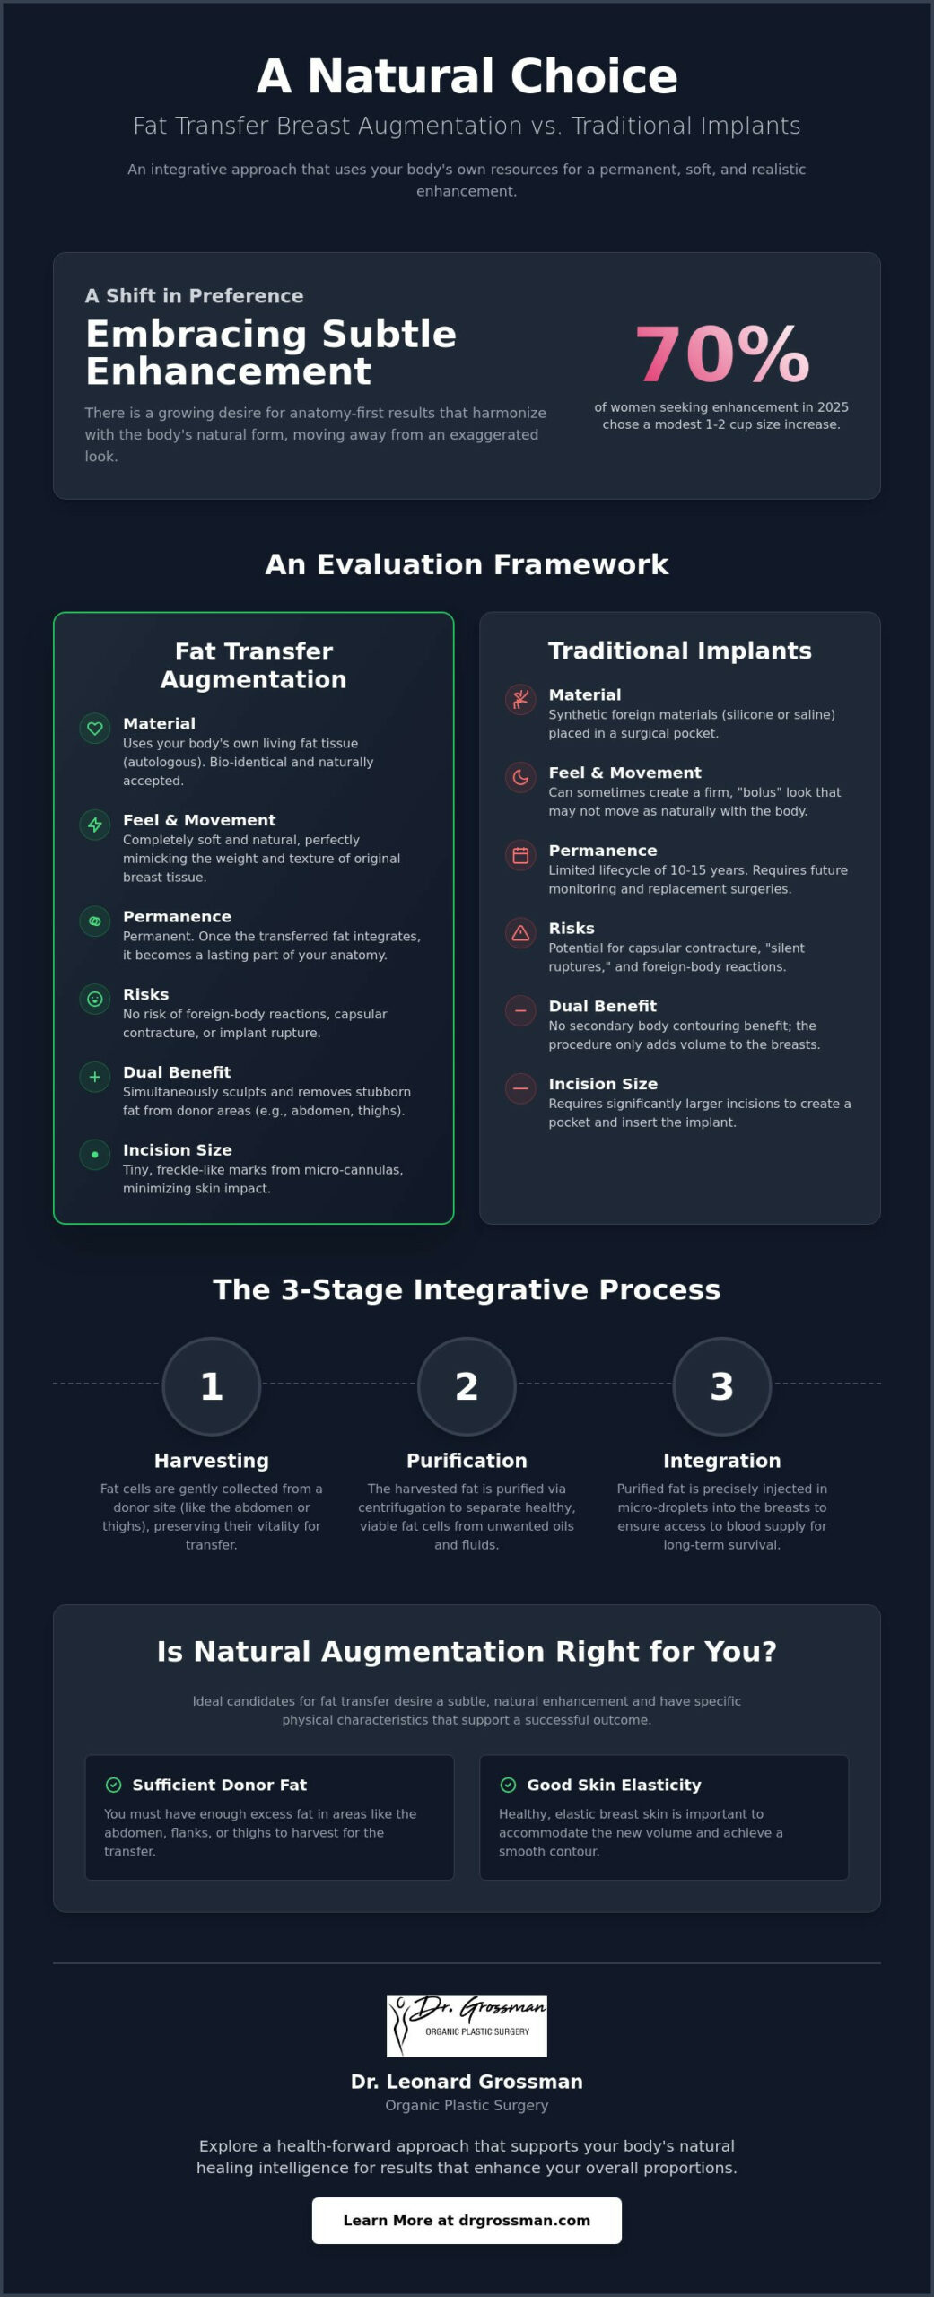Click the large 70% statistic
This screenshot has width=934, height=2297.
[722, 354]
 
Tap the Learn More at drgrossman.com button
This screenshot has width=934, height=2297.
[467, 2220]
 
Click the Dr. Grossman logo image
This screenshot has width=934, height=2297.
[467, 2026]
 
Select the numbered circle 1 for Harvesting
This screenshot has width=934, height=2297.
[212, 1386]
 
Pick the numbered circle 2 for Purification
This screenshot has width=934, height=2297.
[467, 1386]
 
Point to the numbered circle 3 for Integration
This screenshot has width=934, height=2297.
[722, 1386]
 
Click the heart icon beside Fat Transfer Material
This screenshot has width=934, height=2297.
[95, 729]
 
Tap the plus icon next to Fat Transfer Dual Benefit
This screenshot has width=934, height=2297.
[95, 1077]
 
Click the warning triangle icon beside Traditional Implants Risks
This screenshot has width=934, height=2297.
[520, 933]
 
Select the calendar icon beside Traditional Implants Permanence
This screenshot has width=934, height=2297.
[520, 855]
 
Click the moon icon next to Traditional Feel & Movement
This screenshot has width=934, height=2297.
[520, 777]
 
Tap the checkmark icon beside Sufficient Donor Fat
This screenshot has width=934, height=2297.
[114, 1785]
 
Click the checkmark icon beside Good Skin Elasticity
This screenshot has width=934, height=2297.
[508, 1785]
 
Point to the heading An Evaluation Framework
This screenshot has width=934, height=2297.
[467, 564]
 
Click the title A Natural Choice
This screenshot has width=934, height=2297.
[467, 76]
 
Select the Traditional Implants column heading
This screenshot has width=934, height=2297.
[680, 651]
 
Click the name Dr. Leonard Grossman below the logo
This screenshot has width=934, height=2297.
[467, 2082]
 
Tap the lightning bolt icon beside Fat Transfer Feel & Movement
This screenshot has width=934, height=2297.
[95, 825]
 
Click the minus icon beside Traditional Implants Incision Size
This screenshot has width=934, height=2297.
[520, 1088]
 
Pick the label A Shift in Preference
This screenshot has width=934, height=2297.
[195, 296]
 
